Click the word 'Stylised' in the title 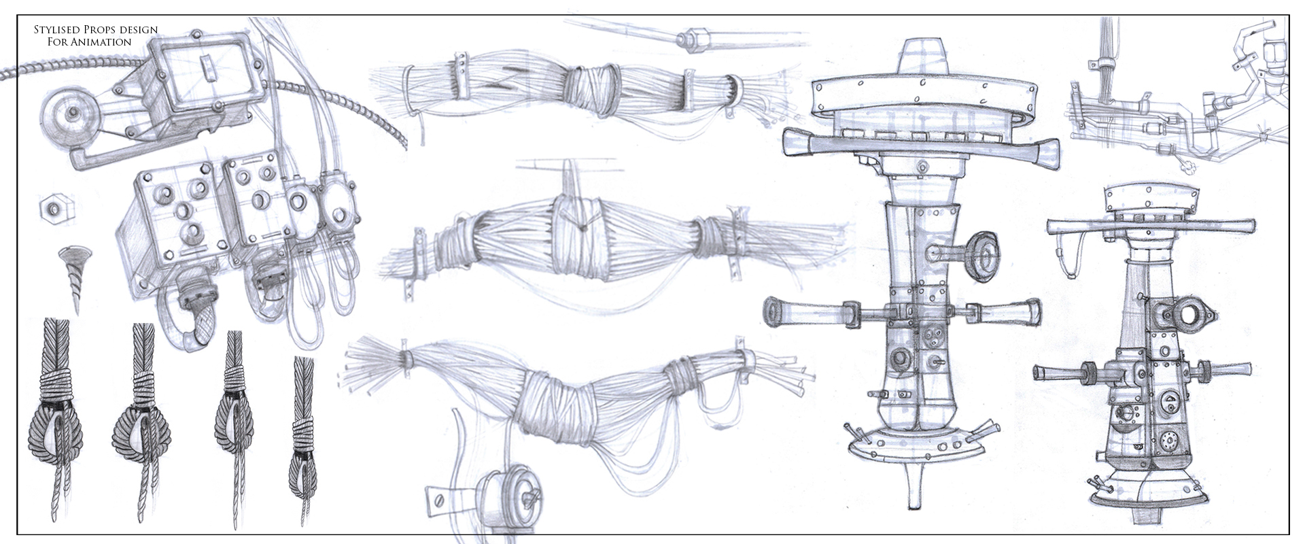(x=56, y=30)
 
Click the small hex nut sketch (x=52, y=207)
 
